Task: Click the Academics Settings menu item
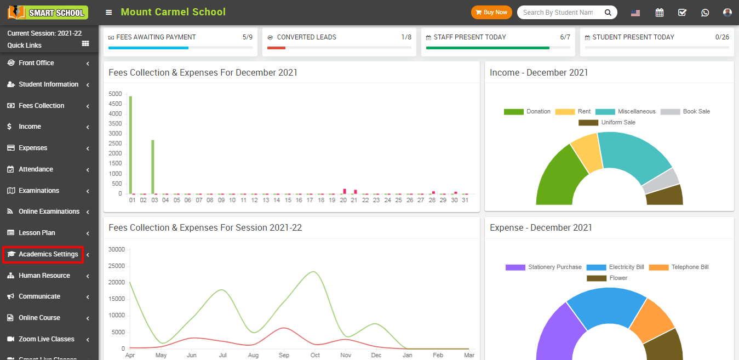point(48,254)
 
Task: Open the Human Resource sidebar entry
point(44,276)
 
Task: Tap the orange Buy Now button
point(491,12)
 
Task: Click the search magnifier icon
point(608,13)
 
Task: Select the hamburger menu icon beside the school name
point(109,13)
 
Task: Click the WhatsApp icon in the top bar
point(705,13)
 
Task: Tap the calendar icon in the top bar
point(660,13)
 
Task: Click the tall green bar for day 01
point(130,145)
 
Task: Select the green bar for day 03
point(153,167)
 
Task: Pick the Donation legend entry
point(527,112)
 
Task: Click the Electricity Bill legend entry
point(615,267)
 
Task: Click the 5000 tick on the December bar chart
point(115,94)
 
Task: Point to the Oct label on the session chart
point(315,355)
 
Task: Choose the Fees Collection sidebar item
point(41,106)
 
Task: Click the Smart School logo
point(48,12)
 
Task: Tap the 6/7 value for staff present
point(565,37)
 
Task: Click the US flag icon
point(635,13)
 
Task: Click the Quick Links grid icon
point(85,44)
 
